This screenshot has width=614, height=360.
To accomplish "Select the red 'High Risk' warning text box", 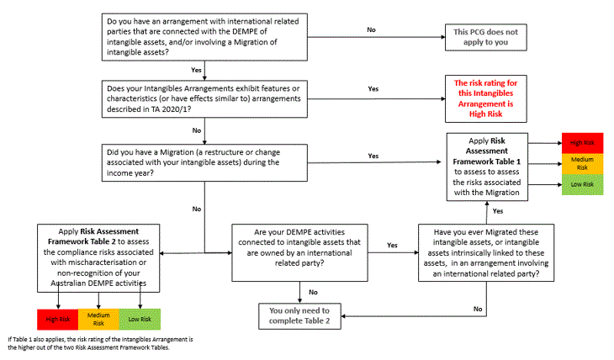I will [x=490, y=98].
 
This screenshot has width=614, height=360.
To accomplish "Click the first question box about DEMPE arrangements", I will [x=205, y=35].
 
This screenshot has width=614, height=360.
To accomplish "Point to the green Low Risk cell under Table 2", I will [x=140, y=318].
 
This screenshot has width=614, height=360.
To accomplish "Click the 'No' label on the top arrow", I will [x=370, y=29].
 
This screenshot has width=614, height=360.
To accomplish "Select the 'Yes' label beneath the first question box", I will [x=196, y=70].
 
